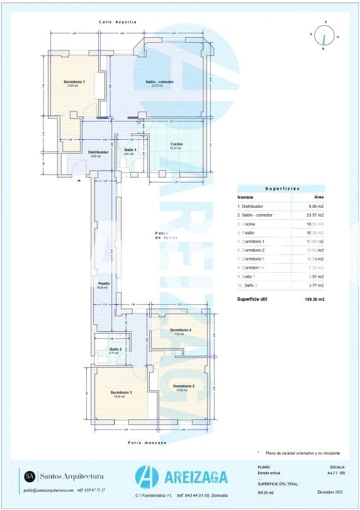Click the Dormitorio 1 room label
(x=74, y=82)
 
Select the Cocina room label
(x=176, y=144)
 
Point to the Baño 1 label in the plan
(x=130, y=149)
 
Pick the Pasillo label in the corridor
(x=104, y=283)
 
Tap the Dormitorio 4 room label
(x=181, y=330)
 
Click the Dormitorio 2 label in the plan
(x=184, y=386)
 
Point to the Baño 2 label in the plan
(x=115, y=349)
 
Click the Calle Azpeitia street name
(x=118, y=22)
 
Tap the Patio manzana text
(x=147, y=443)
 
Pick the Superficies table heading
(x=281, y=188)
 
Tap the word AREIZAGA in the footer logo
(x=193, y=478)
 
